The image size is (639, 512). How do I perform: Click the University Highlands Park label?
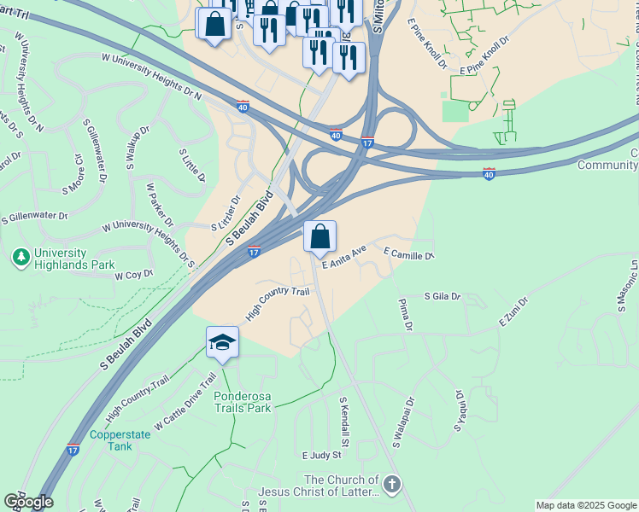[x=74, y=259]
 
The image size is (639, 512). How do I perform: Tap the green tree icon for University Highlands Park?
[x=21, y=254]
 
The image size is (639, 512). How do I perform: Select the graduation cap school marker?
[x=223, y=343]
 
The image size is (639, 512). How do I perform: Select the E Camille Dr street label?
[x=409, y=254]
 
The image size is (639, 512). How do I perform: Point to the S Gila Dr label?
[x=443, y=296]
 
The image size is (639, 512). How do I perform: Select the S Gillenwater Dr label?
[x=35, y=218]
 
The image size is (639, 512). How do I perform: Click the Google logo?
[x=28, y=502]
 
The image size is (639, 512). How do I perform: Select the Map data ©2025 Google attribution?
[x=585, y=505]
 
